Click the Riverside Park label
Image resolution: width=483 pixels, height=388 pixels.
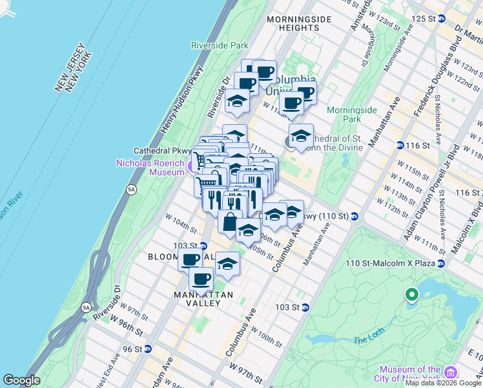pyautogui.click(x=220, y=45)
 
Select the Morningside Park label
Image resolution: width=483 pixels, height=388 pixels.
pyautogui.click(x=351, y=114)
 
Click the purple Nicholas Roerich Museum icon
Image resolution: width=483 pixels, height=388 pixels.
pyautogui.click(x=189, y=167)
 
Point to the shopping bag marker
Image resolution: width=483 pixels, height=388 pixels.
pyautogui.click(x=230, y=221)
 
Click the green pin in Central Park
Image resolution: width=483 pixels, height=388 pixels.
pyautogui.click(x=411, y=296)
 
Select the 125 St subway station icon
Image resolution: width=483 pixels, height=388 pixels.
pyautogui.click(x=441, y=18)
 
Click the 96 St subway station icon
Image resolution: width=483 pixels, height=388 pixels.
pyautogui.click(x=147, y=349)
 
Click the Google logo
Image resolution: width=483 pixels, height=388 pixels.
pyautogui.click(x=21, y=380)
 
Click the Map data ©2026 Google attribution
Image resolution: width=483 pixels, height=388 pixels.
pyautogui.click(x=443, y=383)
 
